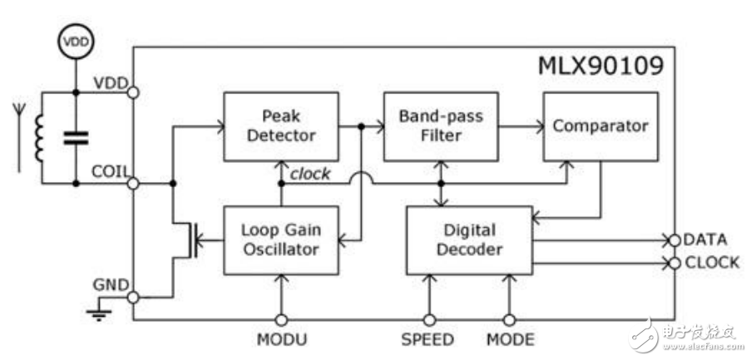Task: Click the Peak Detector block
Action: click(x=280, y=126)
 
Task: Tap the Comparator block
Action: click(x=600, y=126)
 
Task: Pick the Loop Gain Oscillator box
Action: click(x=281, y=239)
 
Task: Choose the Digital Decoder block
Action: click(x=468, y=239)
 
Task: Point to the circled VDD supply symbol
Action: click(x=76, y=41)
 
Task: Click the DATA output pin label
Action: click(x=705, y=239)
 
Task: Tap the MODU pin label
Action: click(x=282, y=339)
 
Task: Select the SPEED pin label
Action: click(x=428, y=339)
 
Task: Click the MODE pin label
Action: click(x=511, y=339)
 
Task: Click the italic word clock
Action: click(x=309, y=175)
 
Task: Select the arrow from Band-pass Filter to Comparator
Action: click(x=521, y=126)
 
